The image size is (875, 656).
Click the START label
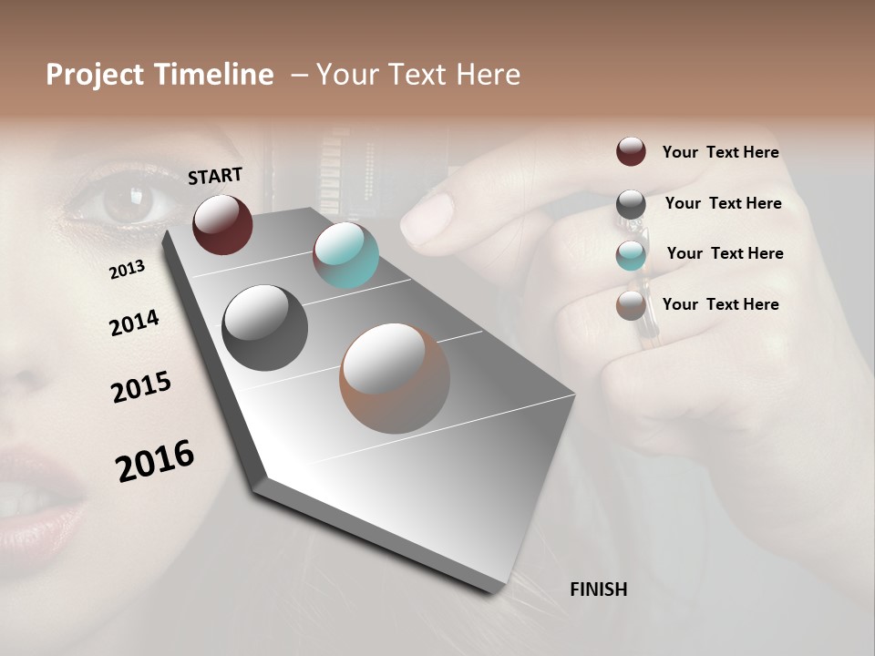(215, 176)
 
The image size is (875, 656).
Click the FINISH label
(598, 589)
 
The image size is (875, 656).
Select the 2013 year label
(128, 270)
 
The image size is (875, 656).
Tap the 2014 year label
(134, 323)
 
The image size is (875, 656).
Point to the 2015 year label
(141, 387)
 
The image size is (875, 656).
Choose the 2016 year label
(155, 461)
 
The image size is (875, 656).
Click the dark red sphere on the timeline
(222, 224)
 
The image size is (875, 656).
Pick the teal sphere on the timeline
(345, 255)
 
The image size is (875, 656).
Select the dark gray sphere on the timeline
(264, 328)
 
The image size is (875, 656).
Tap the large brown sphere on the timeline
(394, 378)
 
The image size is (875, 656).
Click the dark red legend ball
(631, 151)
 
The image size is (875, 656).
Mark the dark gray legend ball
(631, 204)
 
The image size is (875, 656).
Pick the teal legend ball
(631, 255)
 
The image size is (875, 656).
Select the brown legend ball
(631, 305)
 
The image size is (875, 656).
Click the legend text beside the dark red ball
(720, 152)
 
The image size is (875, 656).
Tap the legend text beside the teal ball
(725, 253)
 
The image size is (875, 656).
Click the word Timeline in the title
(213, 75)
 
